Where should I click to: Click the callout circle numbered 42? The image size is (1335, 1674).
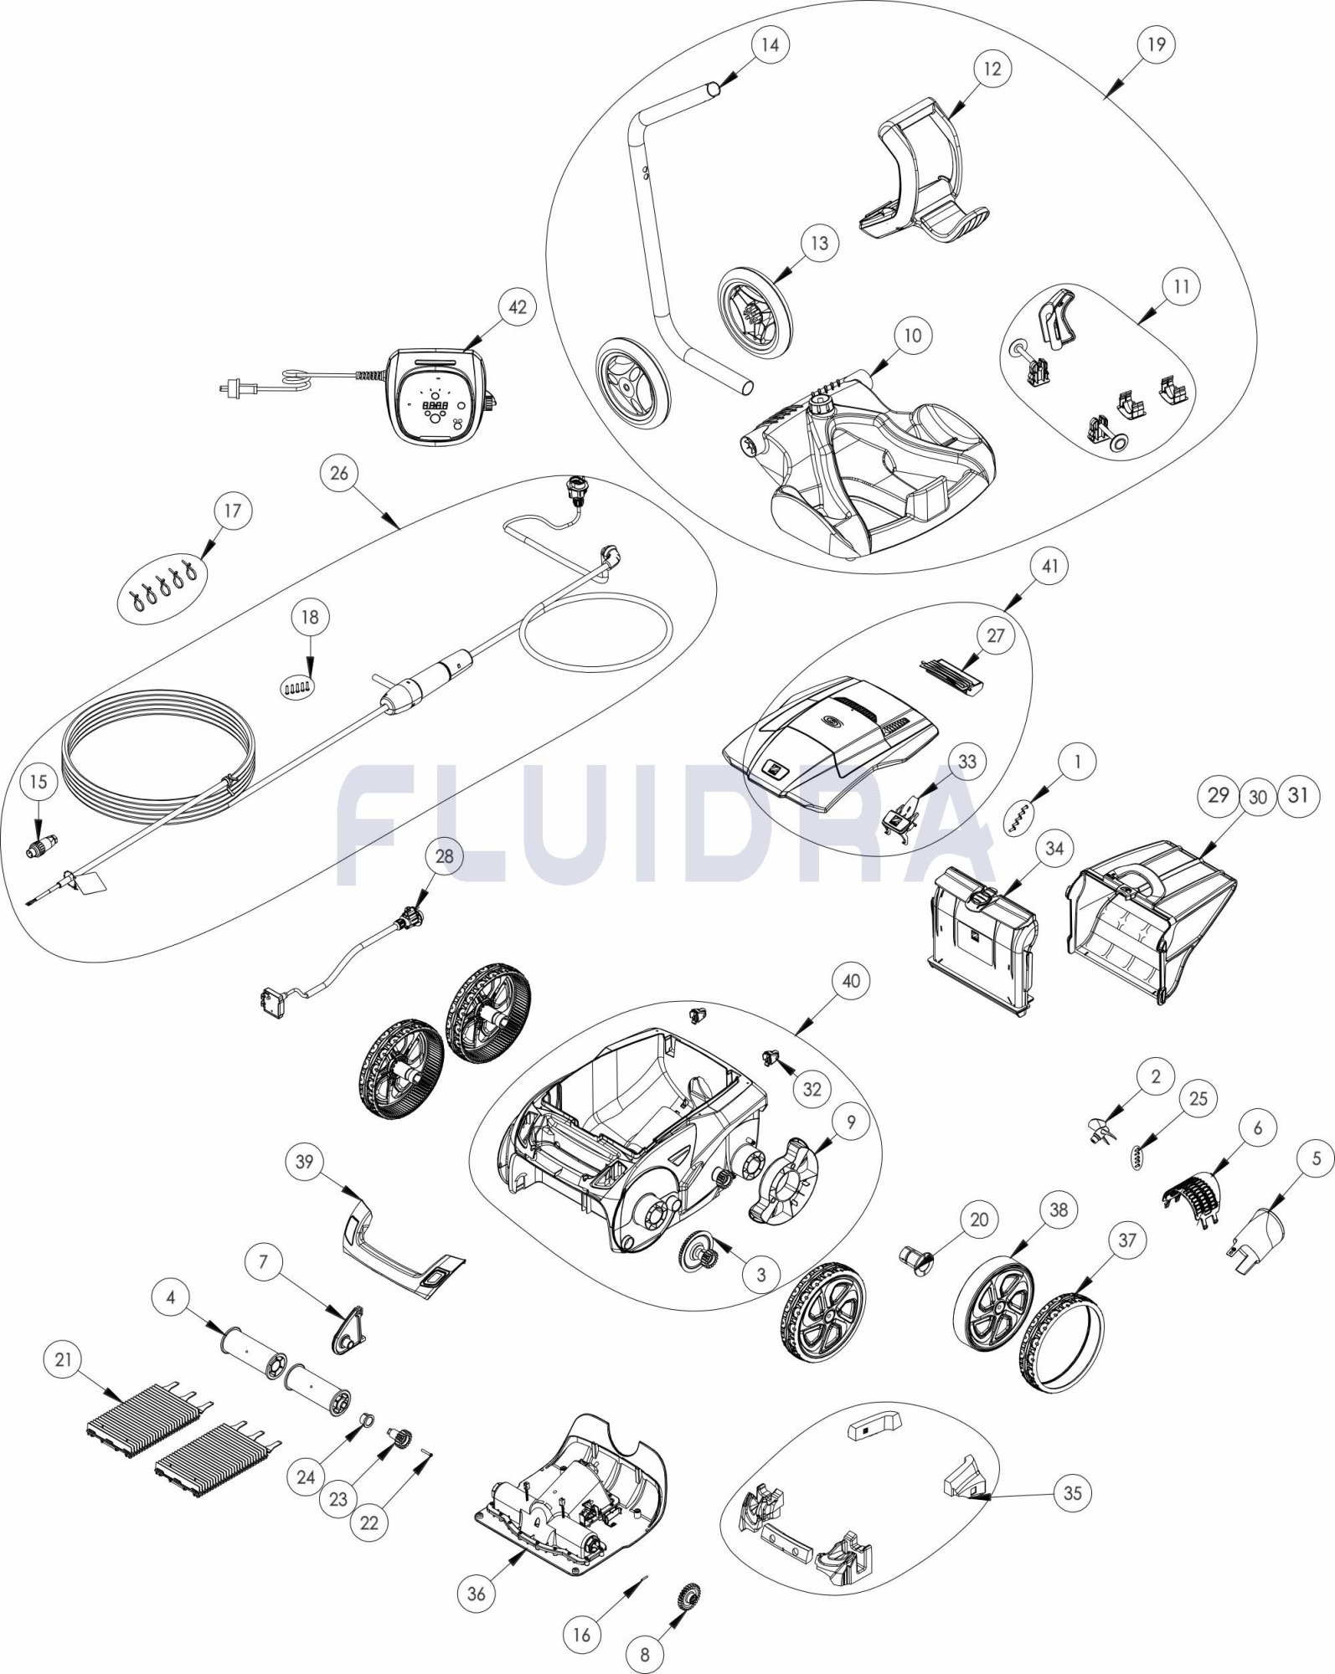coord(518,307)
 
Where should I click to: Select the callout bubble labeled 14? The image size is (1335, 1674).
coord(770,44)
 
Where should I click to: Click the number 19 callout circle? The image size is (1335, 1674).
coord(1157,44)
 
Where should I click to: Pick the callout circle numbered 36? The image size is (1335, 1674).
coord(476,1594)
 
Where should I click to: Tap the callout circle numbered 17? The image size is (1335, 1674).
coord(233,511)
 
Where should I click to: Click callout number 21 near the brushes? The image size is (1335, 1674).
coord(64,1360)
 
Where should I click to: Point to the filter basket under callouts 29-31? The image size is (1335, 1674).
coord(1152,921)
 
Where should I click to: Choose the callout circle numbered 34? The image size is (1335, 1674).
coord(1054,849)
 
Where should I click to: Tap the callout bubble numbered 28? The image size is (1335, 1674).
coord(445,856)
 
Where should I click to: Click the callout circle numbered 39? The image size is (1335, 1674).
coord(305,1163)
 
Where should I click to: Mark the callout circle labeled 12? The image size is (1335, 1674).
coord(992,69)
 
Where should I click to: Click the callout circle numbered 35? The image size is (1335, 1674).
coord(1073,1493)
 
